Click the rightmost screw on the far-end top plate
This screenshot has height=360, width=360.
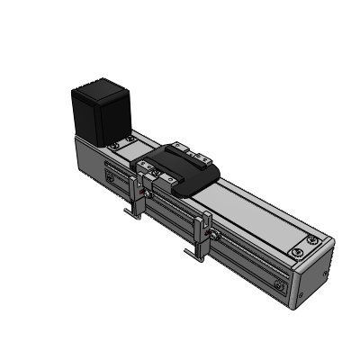pos(310,239)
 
